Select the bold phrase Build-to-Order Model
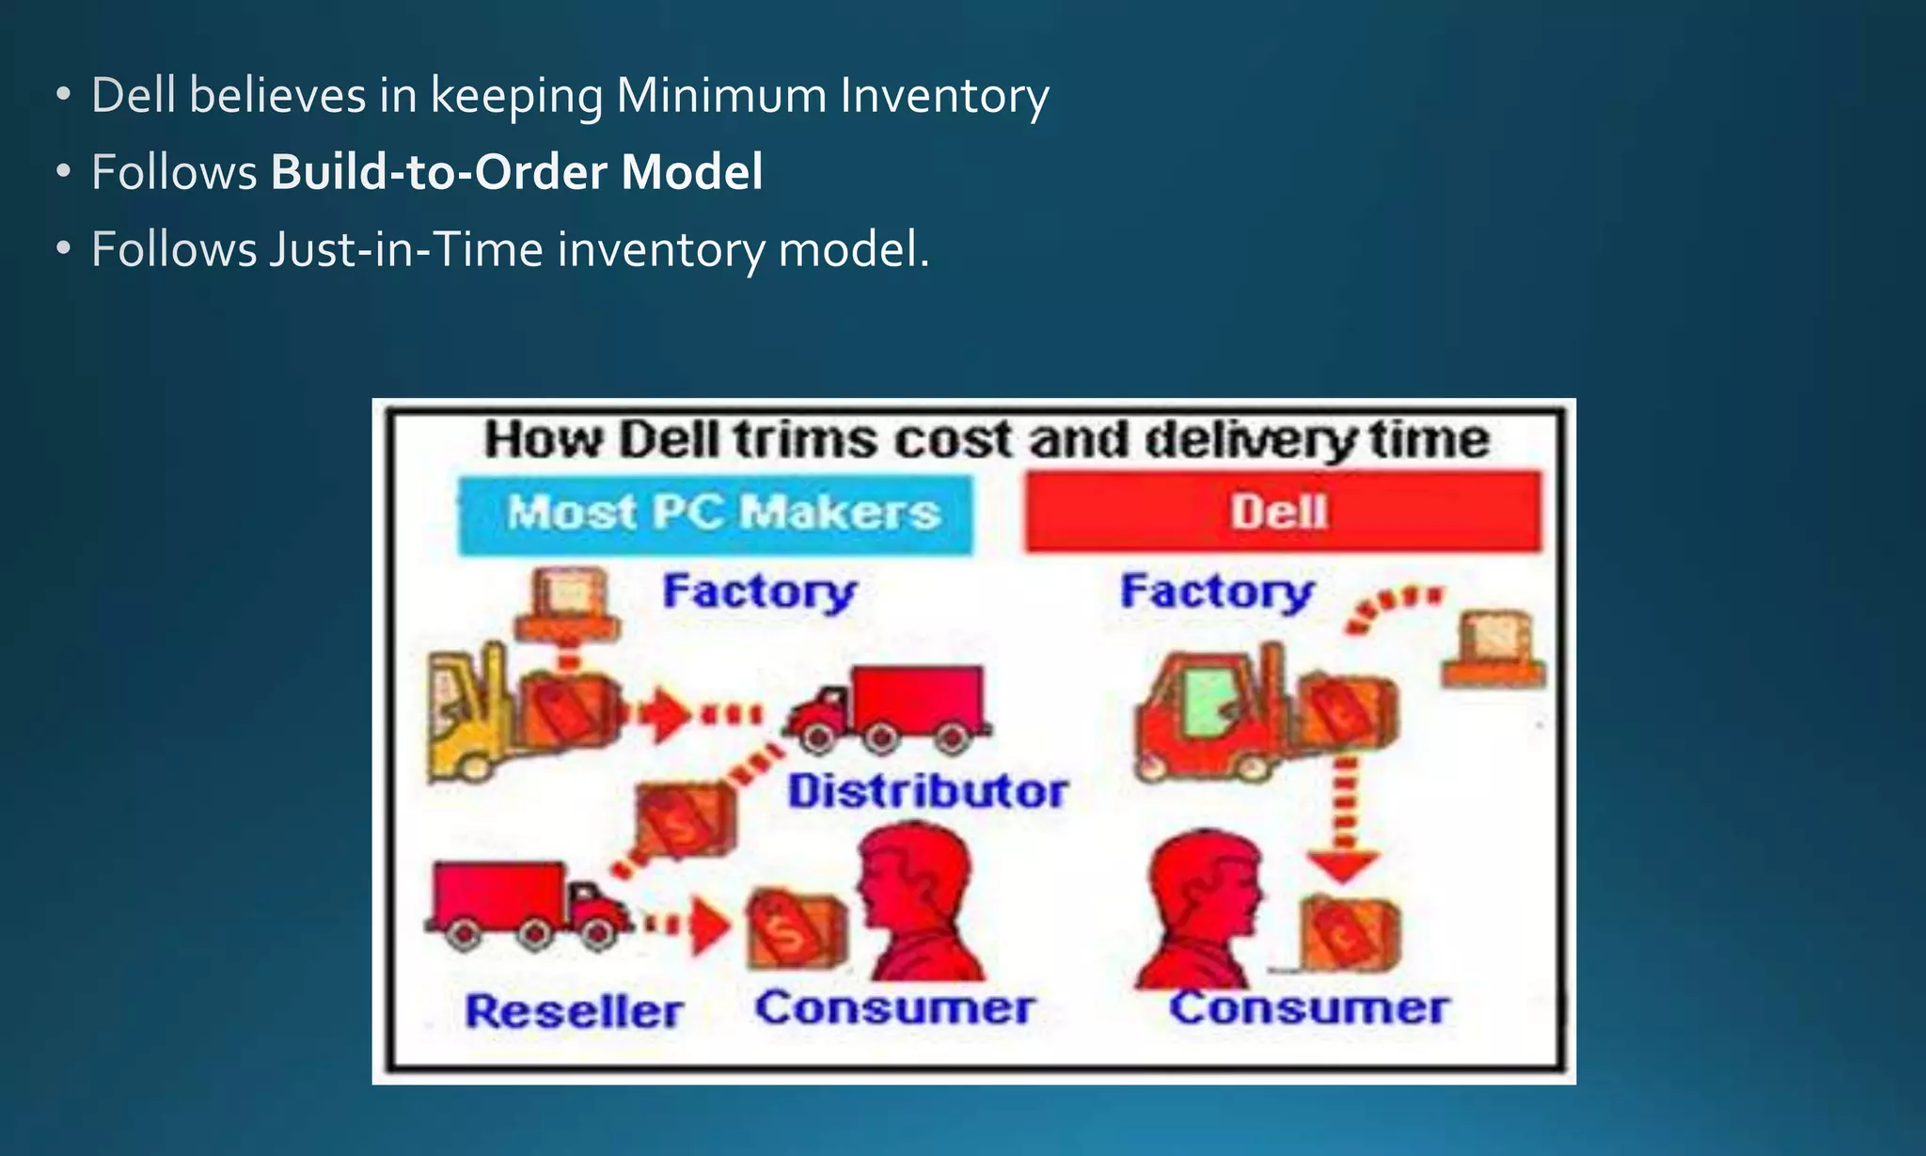tap(516, 172)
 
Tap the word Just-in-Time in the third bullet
tap(406, 249)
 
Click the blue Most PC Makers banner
tap(716, 515)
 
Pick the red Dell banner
tap(1283, 512)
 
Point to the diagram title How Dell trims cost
tap(986, 439)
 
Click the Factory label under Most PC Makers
tap(759, 592)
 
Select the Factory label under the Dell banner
tap(1217, 592)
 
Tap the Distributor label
tap(927, 790)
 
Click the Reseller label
tap(574, 1011)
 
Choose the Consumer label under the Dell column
tap(1308, 1007)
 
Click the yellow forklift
tap(470, 715)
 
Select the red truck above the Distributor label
tap(889, 707)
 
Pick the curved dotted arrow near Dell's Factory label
tap(1392, 607)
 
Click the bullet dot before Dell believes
tap(63, 95)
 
